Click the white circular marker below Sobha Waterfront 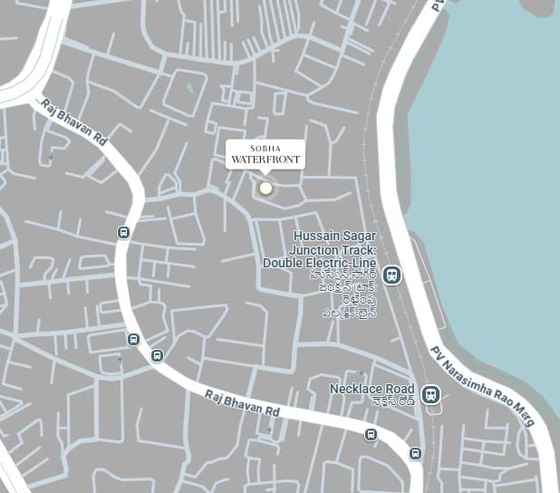coord(266,188)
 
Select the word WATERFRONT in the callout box coord(265,160)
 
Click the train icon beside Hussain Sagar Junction coord(391,275)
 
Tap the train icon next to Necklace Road coord(431,394)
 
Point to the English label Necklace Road coord(372,388)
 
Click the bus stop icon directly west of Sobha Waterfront coord(124,232)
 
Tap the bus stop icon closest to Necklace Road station coord(415,453)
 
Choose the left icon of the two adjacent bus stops coord(133,340)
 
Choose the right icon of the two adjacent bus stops coord(158,355)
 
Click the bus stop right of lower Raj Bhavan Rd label coord(371,435)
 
